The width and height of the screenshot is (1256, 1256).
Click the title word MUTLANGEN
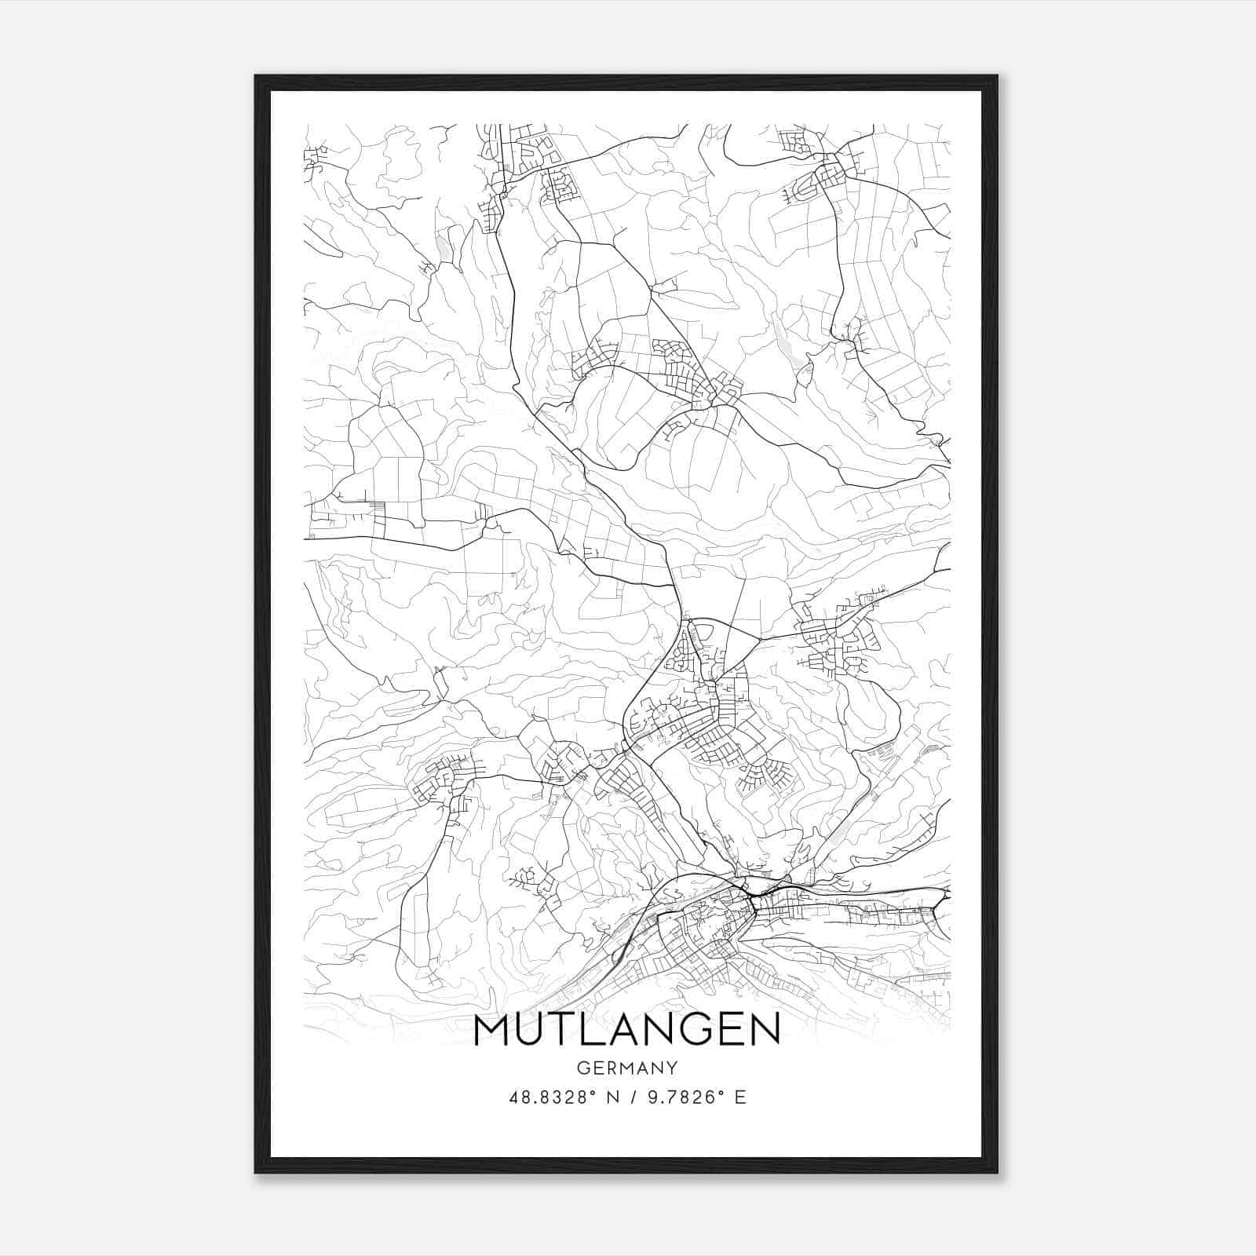[x=627, y=1031]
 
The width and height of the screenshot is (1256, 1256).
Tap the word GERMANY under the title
[x=627, y=1068]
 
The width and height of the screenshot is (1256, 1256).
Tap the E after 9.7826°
[x=739, y=1097]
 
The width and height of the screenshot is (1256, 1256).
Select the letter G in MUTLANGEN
[x=693, y=1031]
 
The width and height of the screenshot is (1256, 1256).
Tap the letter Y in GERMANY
[x=672, y=1068]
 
